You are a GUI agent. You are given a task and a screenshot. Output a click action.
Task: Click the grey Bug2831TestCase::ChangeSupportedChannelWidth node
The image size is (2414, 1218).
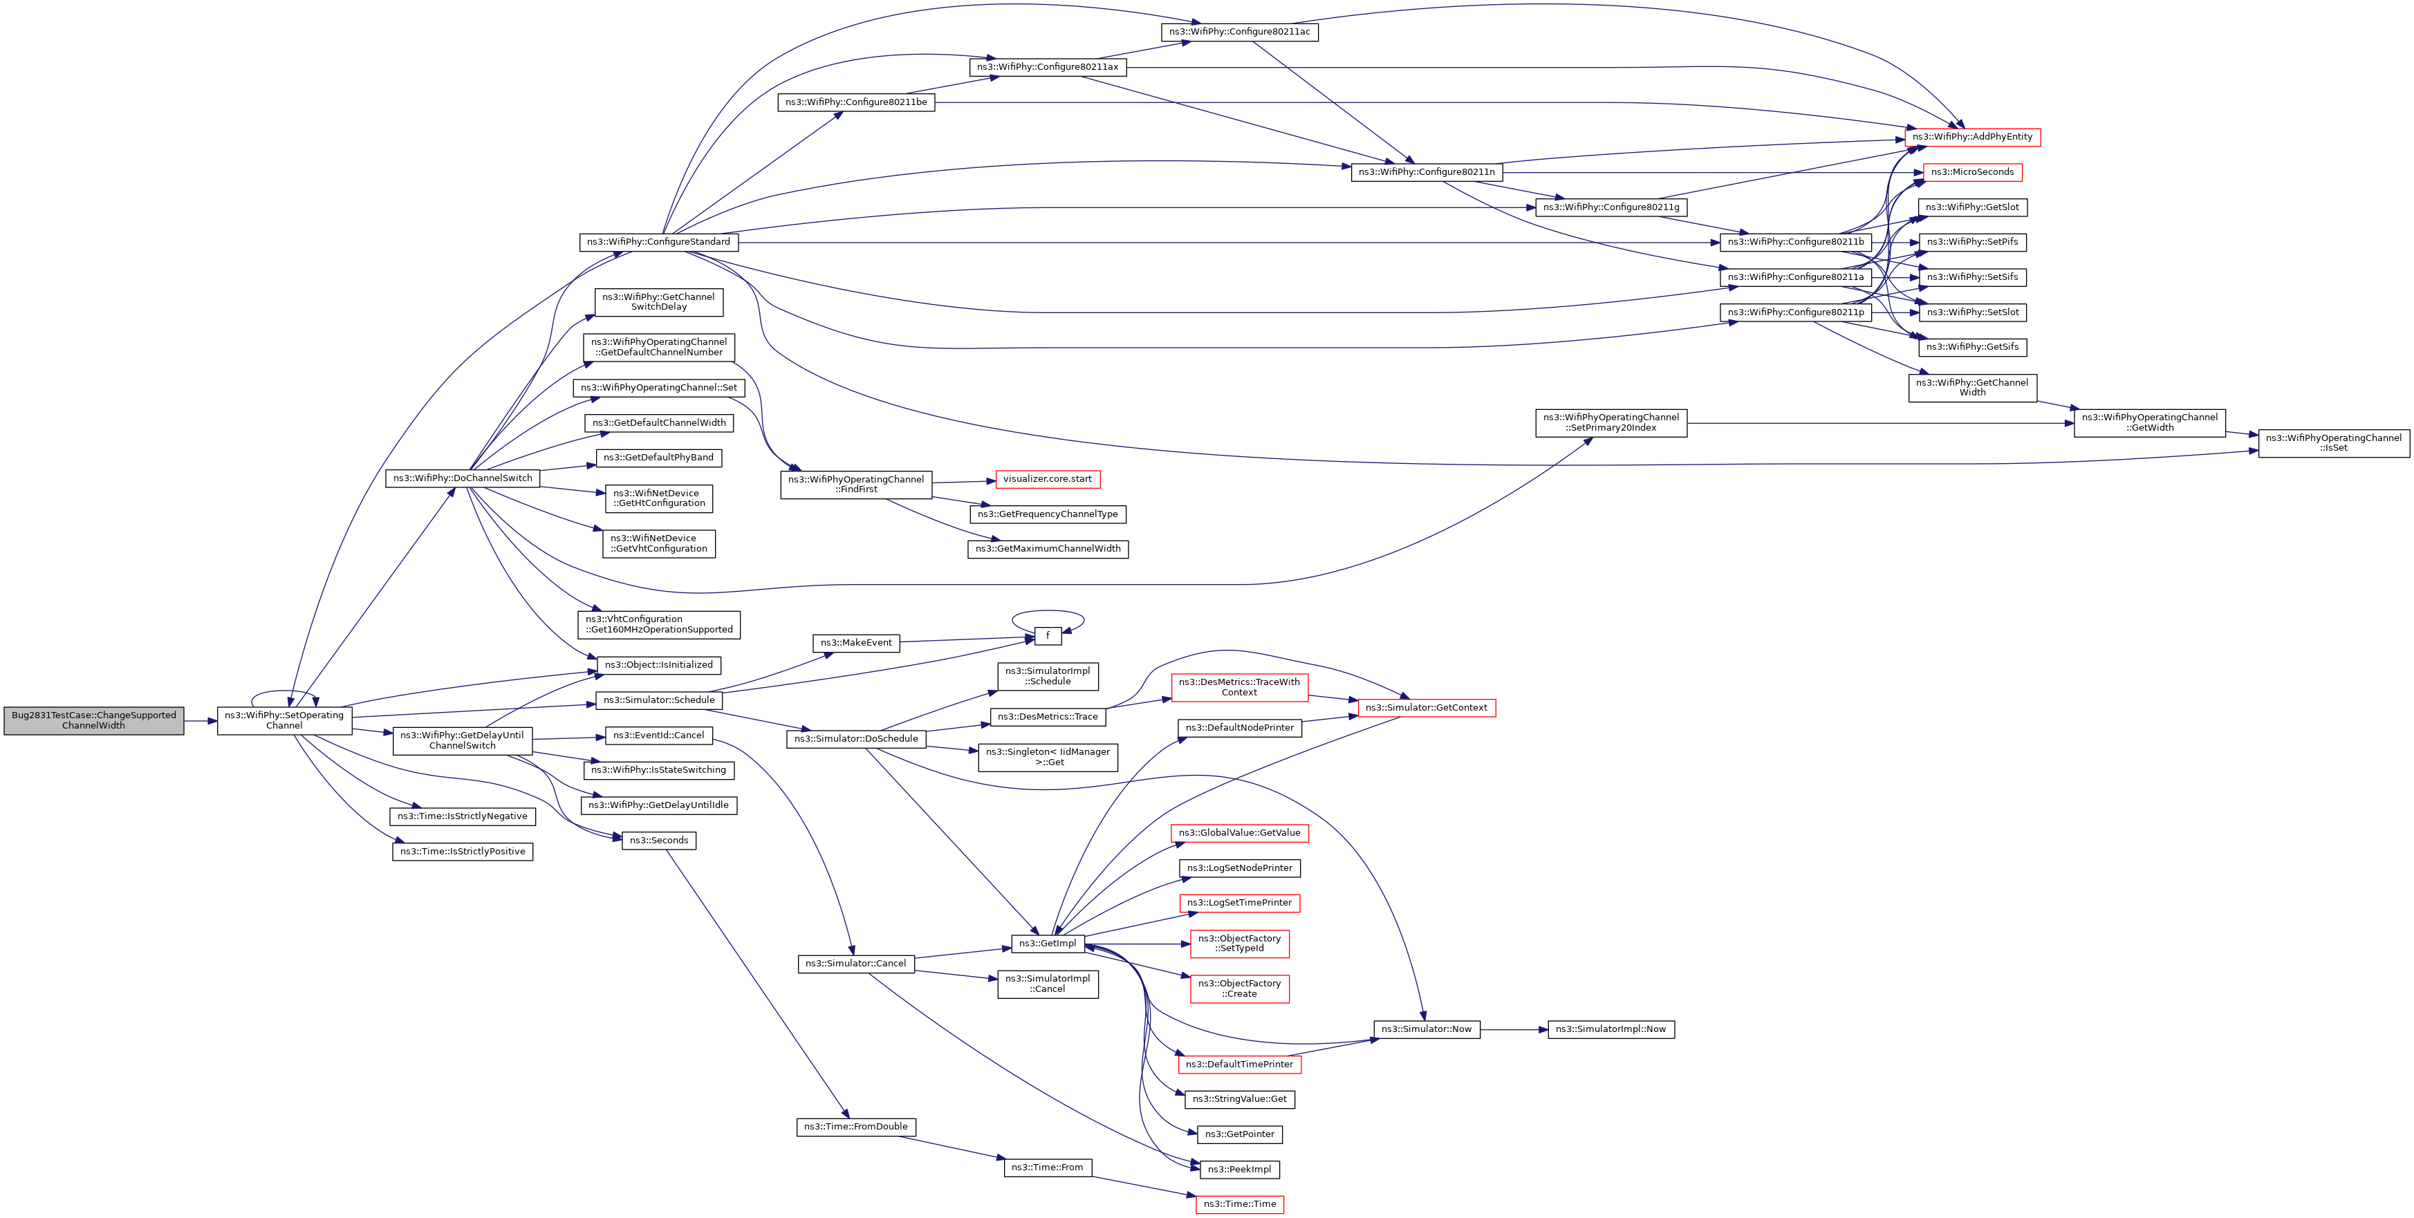[94, 720]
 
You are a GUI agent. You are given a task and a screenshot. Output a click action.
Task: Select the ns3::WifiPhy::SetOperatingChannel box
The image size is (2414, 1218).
[284, 720]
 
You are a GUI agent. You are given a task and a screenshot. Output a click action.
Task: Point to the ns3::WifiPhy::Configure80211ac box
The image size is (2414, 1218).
[1239, 32]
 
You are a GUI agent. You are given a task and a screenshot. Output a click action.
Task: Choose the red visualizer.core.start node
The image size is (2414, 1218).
[1047, 480]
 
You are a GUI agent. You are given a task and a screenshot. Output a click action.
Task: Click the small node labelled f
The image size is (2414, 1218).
[1048, 636]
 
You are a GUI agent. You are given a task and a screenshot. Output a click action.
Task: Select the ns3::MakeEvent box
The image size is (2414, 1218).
[855, 643]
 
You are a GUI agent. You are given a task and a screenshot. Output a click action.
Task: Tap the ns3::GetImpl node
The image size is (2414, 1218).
[1047, 944]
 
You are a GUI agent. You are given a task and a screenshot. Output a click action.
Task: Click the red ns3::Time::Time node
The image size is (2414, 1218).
[1239, 1204]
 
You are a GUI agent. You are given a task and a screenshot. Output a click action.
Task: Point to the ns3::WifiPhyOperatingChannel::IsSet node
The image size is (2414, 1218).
[2333, 443]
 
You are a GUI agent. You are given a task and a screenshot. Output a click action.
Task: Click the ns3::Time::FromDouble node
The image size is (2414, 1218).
[855, 1127]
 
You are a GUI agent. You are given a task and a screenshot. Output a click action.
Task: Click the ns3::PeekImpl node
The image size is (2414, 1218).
[1239, 1170]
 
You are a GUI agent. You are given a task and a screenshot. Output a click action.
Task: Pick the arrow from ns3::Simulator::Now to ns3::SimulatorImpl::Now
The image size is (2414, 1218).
[1514, 1030]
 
